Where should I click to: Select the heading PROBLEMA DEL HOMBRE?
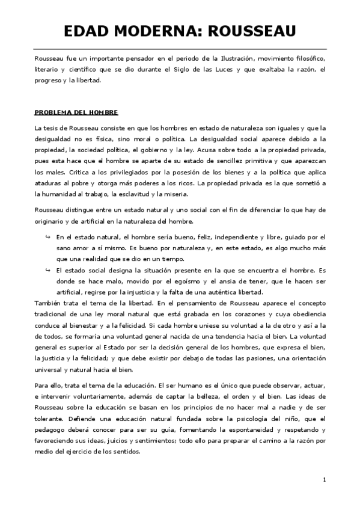pyautogui.click(x=76, y=112)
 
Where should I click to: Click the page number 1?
pyautogui.click(x=323, y=479)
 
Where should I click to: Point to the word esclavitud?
pyautogui.click(x=128, y=194)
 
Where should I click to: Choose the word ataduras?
pyautogui.click(x=50, y=183)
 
